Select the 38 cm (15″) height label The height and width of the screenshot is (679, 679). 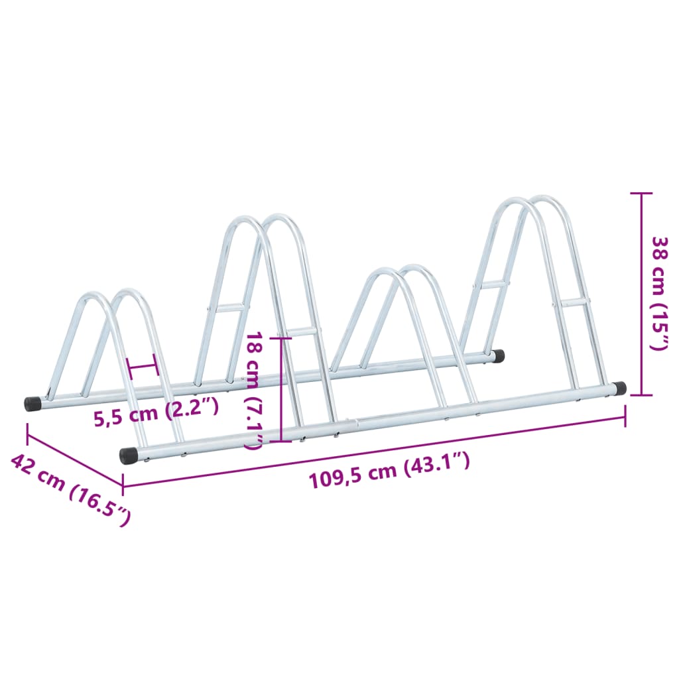(x=659, y=292)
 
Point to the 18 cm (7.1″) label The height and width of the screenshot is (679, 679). (x=254, y=391)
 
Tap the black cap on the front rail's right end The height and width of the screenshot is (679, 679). (x=619, y=389)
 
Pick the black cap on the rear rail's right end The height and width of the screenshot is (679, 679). (x=498, y=356)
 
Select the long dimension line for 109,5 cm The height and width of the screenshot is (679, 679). (x=375, y=451)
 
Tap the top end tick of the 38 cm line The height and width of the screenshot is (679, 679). (x=641, y=194)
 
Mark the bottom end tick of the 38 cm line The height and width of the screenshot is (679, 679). (x=641, y=395)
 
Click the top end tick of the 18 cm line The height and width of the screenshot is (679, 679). (x=282, y=338)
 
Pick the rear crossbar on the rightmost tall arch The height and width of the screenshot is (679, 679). (x=495, y=284)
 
